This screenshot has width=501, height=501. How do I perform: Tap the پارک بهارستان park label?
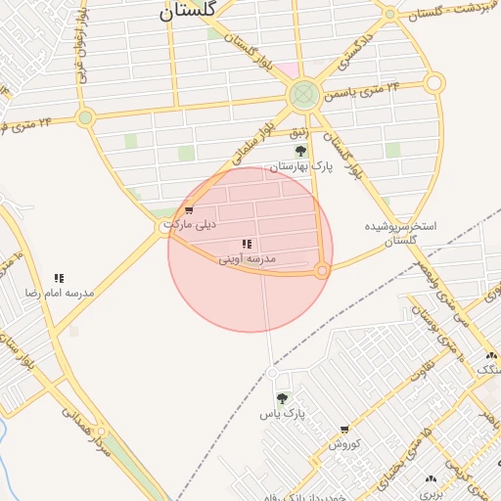[302, 167]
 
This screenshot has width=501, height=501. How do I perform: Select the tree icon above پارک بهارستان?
[300, 151]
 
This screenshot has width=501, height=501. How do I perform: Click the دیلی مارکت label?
[190, 224]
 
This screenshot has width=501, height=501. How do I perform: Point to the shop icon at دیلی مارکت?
[188, 209]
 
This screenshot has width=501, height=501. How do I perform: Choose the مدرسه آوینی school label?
[247, 258]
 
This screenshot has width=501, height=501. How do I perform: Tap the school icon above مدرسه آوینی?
[247, 244]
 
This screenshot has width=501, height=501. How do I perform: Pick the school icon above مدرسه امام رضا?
[59, 279]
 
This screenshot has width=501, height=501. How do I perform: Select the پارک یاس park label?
[283, 414]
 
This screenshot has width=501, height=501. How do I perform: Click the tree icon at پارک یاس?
[282, 398]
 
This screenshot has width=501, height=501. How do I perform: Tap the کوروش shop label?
[344, 443]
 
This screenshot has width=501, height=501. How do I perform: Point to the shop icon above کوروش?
[344, 429]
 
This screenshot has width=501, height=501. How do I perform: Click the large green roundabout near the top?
[303, 94]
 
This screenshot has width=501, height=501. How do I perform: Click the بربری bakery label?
[433, 494]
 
